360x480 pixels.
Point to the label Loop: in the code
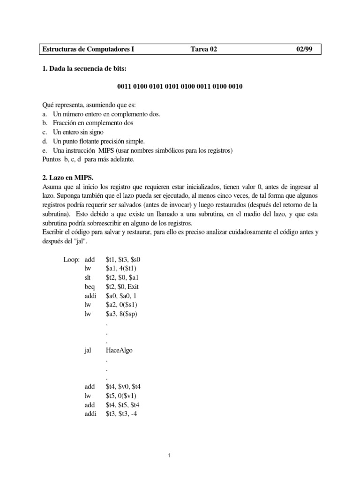coord(72,259)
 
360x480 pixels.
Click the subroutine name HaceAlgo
coord(120,350)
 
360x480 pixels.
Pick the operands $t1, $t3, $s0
coord(125,259)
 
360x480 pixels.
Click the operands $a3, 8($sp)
coord(125,314)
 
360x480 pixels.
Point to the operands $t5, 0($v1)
coord(125,396)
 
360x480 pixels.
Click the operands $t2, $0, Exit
coord(126,286)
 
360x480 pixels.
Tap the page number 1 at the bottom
coord(180,454)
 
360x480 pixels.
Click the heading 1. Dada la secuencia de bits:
coord(84,69)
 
